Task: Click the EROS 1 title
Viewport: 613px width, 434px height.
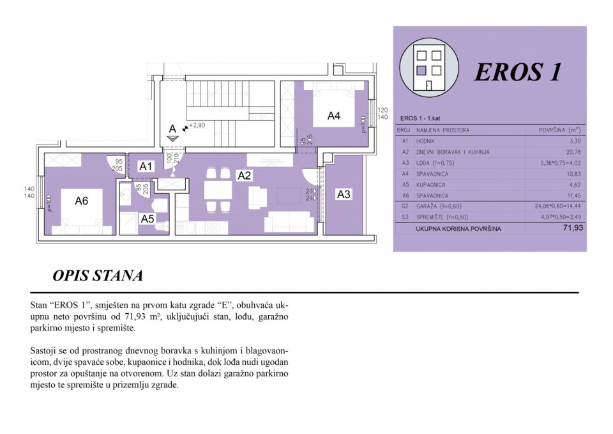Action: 518,72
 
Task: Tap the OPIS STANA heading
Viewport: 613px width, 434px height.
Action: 98,275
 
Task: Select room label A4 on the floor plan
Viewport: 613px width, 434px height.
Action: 333,116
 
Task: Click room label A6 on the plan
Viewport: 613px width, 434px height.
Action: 81,201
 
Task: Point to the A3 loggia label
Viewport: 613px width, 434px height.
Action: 344,194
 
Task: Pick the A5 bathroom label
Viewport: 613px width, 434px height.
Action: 148,219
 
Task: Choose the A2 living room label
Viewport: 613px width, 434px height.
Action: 244,176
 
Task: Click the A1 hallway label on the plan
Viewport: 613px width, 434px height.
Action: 146,166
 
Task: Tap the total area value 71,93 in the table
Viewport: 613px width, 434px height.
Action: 573,228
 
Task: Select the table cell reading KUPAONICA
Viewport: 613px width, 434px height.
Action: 431,185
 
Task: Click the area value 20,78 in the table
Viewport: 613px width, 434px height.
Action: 573,152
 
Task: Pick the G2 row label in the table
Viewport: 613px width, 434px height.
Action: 405,206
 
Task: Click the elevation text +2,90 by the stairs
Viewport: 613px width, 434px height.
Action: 197,126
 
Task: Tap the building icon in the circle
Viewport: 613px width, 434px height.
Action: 428,68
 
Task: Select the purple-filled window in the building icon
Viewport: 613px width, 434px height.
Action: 421,70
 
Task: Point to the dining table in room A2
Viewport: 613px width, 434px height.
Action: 218,190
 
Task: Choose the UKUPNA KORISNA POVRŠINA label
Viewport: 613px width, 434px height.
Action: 458,229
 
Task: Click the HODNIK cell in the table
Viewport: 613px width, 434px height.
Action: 425,141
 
